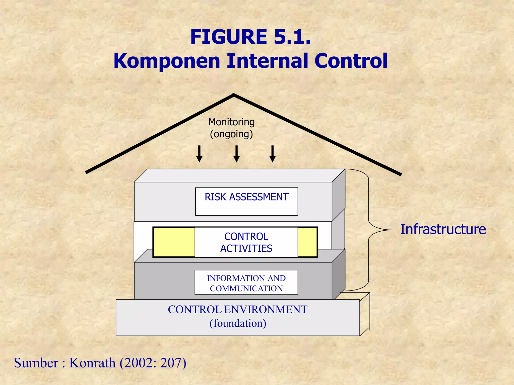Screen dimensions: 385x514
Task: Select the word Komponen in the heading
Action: point(167,61)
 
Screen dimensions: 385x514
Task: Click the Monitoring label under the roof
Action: point(231,122)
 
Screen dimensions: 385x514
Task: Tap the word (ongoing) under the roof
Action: point(231,134)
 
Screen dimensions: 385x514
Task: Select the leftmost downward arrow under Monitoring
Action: point(199,154)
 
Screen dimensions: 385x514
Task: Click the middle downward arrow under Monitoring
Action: point(236,154)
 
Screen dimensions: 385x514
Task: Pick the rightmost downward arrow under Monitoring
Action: point(273,154)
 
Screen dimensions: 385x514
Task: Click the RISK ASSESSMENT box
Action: point(246,201)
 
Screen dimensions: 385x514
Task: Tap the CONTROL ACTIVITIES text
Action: point(246,242)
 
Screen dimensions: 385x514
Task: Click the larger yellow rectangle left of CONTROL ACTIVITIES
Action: point(174,242)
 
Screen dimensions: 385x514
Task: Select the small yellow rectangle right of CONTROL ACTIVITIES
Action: point(307,242)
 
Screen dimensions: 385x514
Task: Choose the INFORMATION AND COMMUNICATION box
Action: point(246,282)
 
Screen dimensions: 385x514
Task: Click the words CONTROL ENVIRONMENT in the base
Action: point(237,310)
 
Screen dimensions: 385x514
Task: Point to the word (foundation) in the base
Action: point(238,323)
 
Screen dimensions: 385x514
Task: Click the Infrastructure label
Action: point(443,229)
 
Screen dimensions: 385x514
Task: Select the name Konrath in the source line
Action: point(92,363)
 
